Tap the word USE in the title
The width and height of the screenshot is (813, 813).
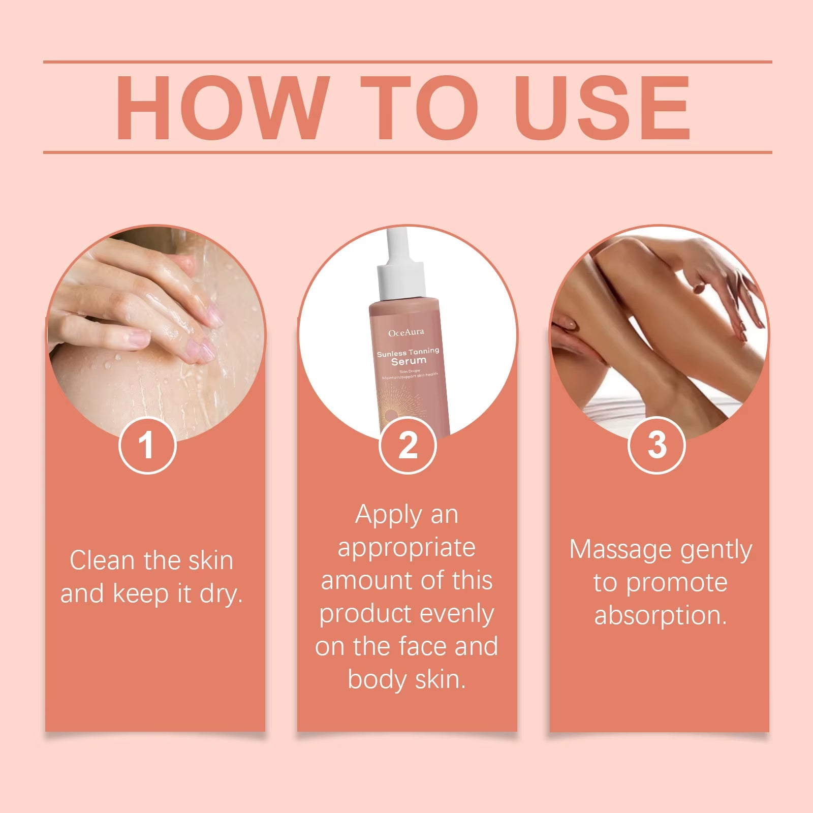pyautogui.click(x=603, y=107)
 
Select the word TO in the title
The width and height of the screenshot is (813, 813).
pyautogui.click(x=419, y=107)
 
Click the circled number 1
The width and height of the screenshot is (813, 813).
pyautogui.click(x=147, y=446)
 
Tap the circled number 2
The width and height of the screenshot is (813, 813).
pyautogui.click(x=408, y=446)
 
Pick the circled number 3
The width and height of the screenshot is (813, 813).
pyautogui.click(x=656, y=446)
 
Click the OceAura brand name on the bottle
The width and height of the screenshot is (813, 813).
pyautogui.click(x=405, y=333)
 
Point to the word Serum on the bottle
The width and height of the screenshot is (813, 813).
pyautogui.click(x=409, y=361)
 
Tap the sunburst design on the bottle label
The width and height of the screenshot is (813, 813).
pyautogui.click(x=401, y=407)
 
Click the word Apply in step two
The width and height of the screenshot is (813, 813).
pyautogui.click(x=388, y=515)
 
